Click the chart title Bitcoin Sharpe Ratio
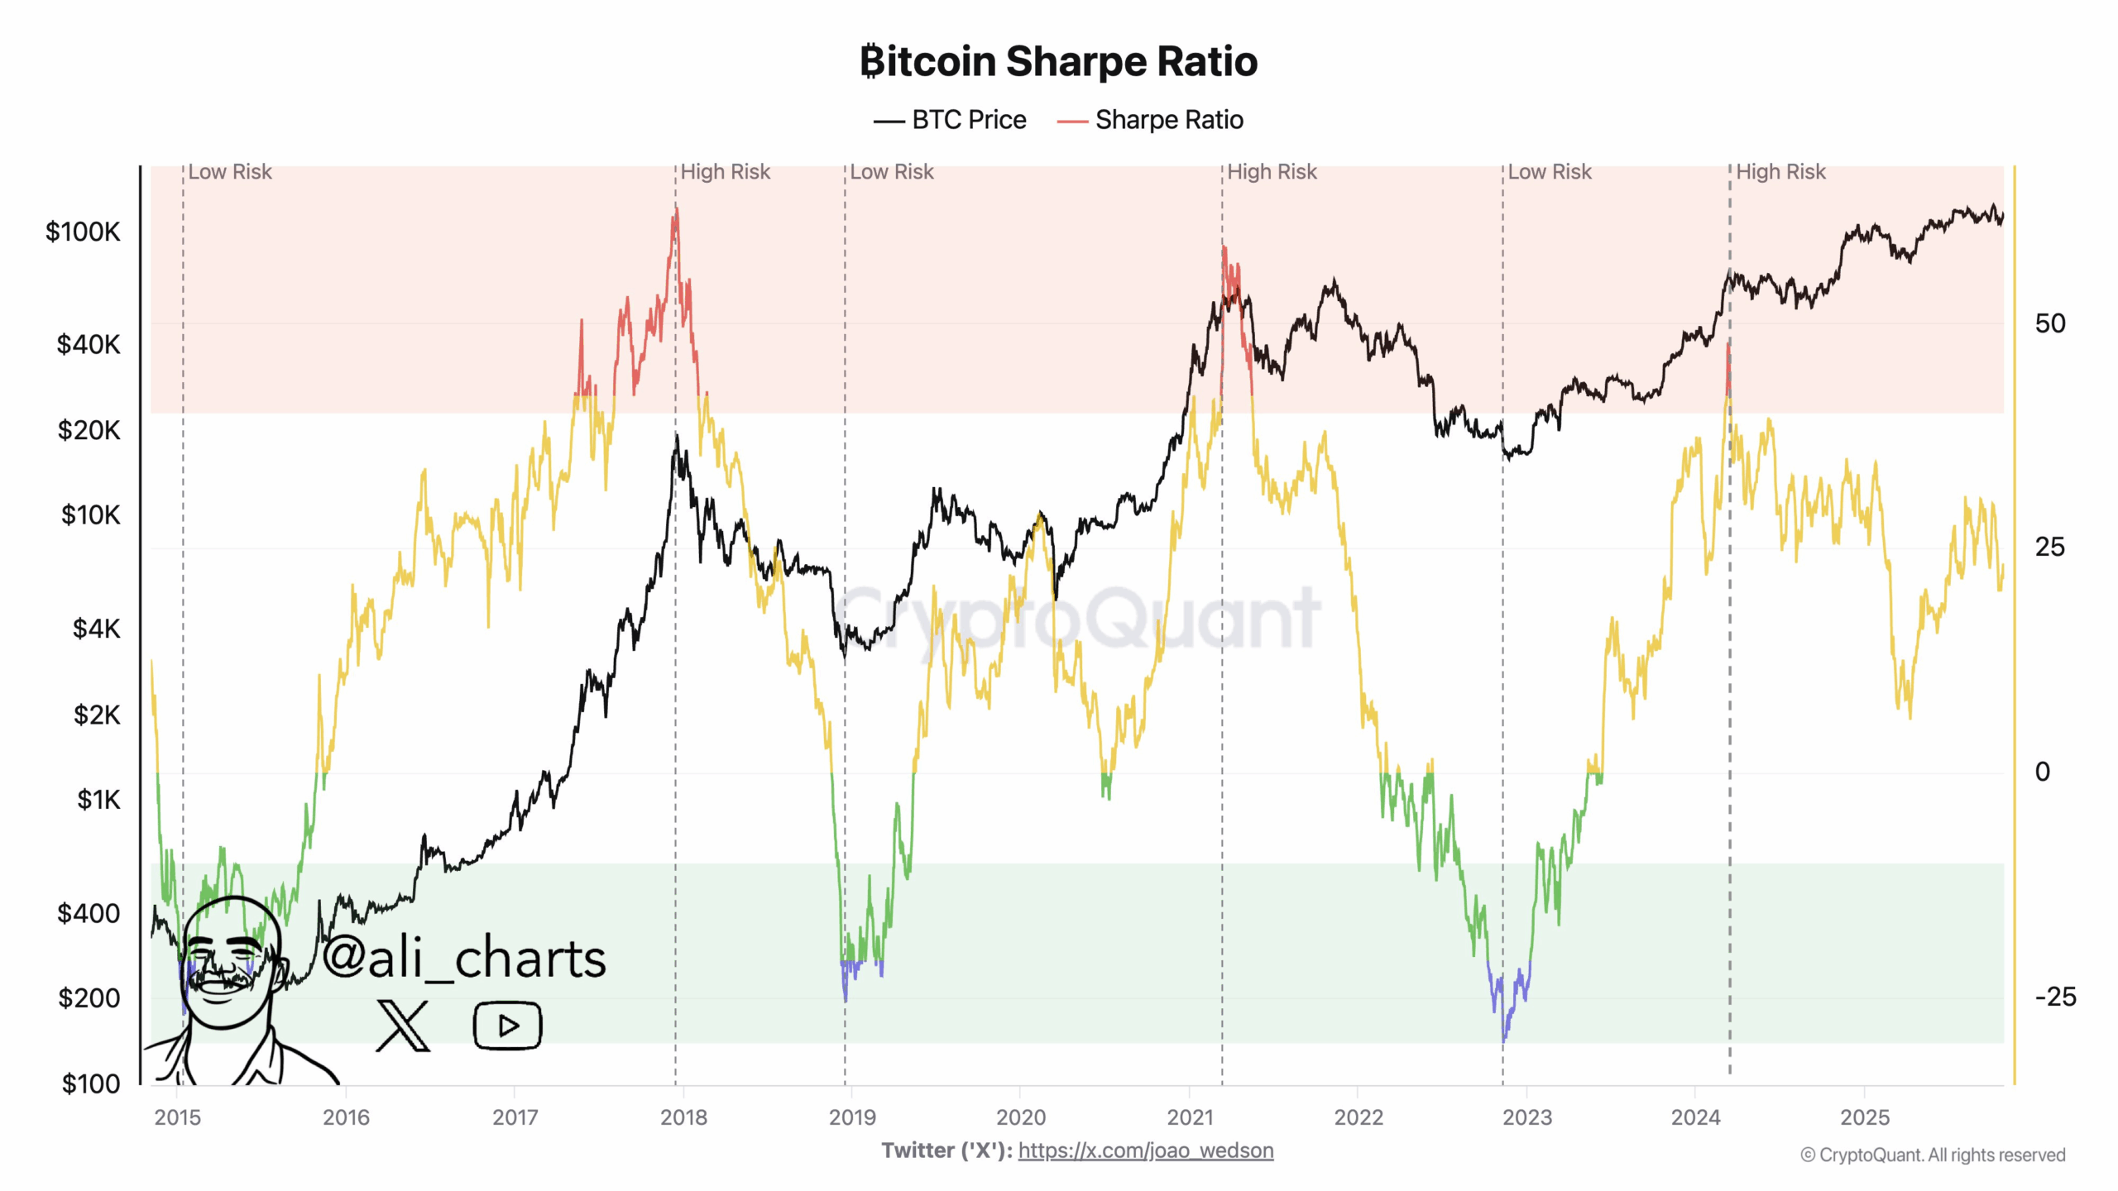click(x=1058, y=61)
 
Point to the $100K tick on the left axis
click(x=83, y=232)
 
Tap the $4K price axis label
click(x=96, y=629)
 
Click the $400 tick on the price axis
click(x=89, y=913)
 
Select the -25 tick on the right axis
click(x=2055, y=997)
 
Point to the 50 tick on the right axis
click(x=2050, y=323)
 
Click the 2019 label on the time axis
click(x=852, y=1117)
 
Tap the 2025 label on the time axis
click(x=1865, y=1117)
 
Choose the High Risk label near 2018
click(x=725, y=172)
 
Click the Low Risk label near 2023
click(x=1549, y=172)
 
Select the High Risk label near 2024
click(x=1780, y=172)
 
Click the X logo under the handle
click(x=403, y=1026)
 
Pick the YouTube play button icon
click(x=507, y=1026)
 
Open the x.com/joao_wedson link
click(x=1146, y=1150)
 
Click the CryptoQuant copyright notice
click(x=1933, y=1155)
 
